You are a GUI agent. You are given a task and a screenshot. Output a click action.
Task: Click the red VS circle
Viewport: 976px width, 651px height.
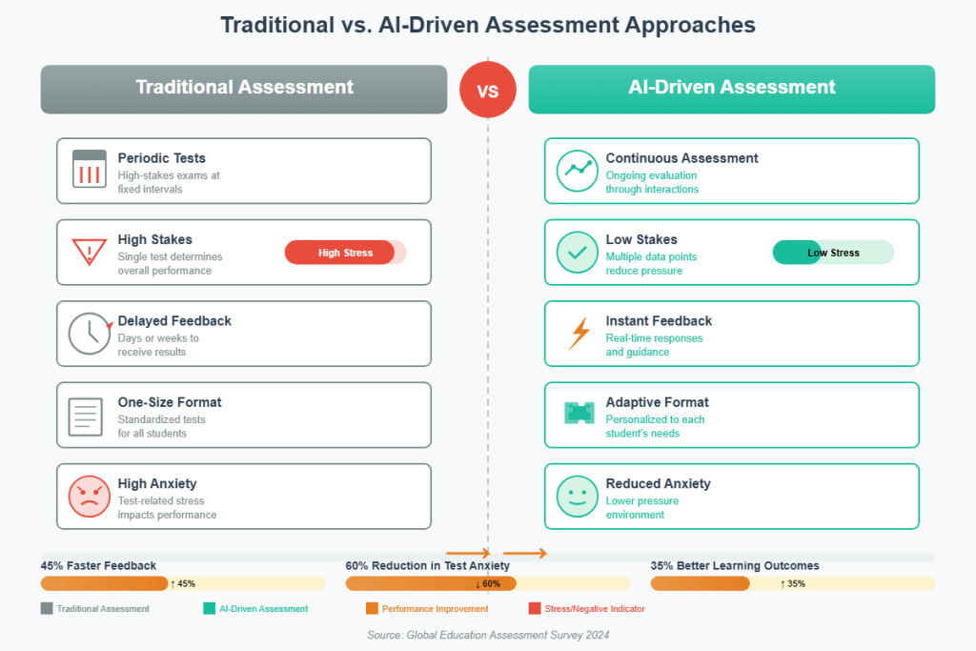pyautogui.click(x=487, y=91)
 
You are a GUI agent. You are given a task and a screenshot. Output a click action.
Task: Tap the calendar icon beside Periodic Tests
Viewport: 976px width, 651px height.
pyautogui.click(x=90, y=170)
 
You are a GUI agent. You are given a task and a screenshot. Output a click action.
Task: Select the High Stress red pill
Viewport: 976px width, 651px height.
pyautogui.click(x=340, y=253)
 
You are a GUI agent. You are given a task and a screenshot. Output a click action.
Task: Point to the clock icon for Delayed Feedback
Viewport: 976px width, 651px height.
pyautogui.click(x=89, y=334)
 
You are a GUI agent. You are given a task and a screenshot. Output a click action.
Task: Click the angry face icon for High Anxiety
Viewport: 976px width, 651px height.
pyautogui.click(x=90, y=497)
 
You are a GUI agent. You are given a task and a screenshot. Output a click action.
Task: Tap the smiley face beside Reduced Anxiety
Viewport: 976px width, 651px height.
pyautogui.click(x=577, y=497)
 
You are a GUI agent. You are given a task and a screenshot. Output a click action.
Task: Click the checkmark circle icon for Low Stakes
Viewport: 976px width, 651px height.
pyautogui.click(x=577, y=253)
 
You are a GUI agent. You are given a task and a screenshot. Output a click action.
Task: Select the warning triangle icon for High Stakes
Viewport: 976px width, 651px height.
pyautogui.click(x=89, y=253)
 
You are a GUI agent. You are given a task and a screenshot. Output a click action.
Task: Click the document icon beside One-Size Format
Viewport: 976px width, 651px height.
pyautogui.click(x=86, y=416)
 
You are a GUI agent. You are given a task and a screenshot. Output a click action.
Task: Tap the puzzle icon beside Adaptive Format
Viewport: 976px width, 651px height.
pyautogui.click(x=578, y=413)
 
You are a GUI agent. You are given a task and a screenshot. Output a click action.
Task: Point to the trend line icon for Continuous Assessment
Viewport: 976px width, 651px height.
pyautogui.click(x=577, y=171)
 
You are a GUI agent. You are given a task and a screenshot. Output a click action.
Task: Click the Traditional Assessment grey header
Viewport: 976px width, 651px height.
pyautogui.click(x=244, y=89)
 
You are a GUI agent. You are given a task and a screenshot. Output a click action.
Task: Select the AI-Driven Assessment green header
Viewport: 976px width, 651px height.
pyautogui.click(x=732, y=89)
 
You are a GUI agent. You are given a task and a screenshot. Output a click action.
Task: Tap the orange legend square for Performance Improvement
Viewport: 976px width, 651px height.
pyautogui.click(x=371, y=608)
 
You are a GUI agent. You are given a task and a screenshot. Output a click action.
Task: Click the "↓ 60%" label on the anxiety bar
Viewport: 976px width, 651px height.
pyautogui.click(x=487, y=583)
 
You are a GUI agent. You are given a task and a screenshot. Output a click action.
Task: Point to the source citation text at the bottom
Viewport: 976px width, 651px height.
pyautogui.click(x=488, y=635)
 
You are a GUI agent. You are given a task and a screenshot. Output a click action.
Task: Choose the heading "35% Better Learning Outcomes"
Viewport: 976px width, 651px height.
pyautogui.click(x=735, y=566)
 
